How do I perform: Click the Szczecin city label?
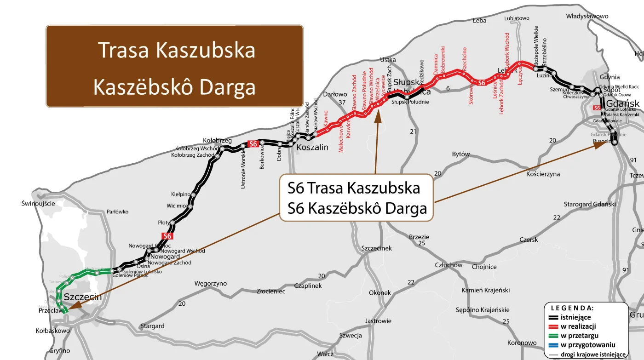83,297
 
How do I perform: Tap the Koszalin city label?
312,147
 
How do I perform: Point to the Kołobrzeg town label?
217,140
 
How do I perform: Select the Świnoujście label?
38,203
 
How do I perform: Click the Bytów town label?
461,154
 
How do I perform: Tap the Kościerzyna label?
543,174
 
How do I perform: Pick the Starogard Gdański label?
590,204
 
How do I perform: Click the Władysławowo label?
587,16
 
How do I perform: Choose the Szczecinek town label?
377,248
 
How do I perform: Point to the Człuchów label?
448,265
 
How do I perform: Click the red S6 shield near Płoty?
167,236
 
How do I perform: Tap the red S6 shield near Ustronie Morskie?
253,144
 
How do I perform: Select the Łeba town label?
479,21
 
